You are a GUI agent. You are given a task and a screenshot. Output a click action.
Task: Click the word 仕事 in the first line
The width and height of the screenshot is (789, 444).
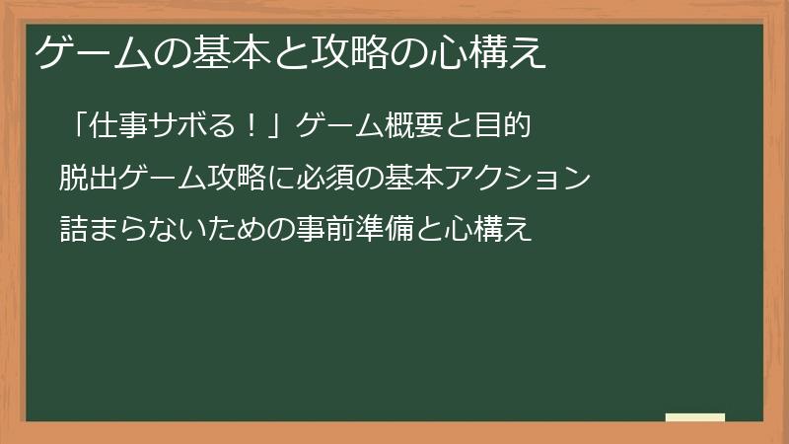pos(119,127)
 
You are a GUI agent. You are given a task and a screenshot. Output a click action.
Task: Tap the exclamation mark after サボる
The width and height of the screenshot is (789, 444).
pos(251,127)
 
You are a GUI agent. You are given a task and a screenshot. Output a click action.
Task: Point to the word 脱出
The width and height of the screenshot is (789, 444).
pos(84,179)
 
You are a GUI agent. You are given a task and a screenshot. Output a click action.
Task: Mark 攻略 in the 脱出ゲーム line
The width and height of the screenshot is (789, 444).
pos(233,179)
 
